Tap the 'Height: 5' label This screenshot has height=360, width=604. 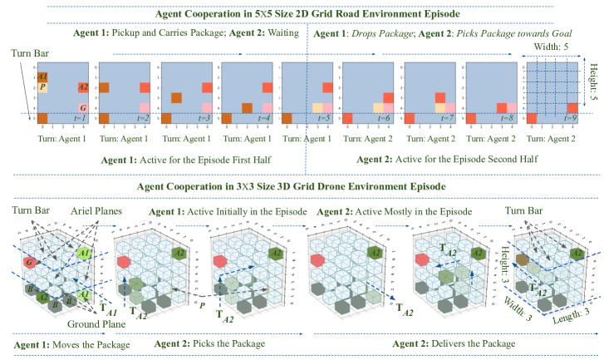coord(591,86)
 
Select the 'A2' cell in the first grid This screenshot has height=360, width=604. coord(83,86)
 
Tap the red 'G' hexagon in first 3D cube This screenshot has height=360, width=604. coord(29,263)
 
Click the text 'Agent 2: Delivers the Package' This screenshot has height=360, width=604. coord(453,343)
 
